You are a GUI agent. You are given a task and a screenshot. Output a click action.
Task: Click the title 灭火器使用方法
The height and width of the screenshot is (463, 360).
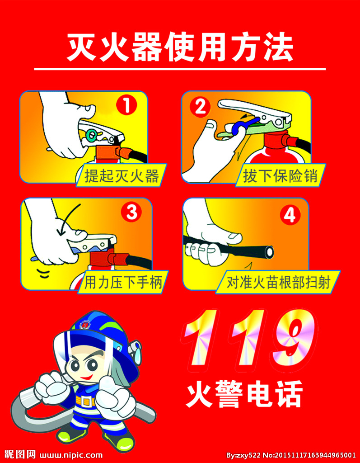(180, 47)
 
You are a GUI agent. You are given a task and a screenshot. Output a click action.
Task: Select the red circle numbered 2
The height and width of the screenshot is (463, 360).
(199, 107)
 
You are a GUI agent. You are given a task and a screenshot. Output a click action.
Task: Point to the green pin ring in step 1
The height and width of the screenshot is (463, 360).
(92, 134)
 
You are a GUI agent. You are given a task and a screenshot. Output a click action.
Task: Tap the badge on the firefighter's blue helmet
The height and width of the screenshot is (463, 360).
(84, 325)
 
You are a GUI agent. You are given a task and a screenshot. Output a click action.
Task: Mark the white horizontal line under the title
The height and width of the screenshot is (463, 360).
(180, 69)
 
